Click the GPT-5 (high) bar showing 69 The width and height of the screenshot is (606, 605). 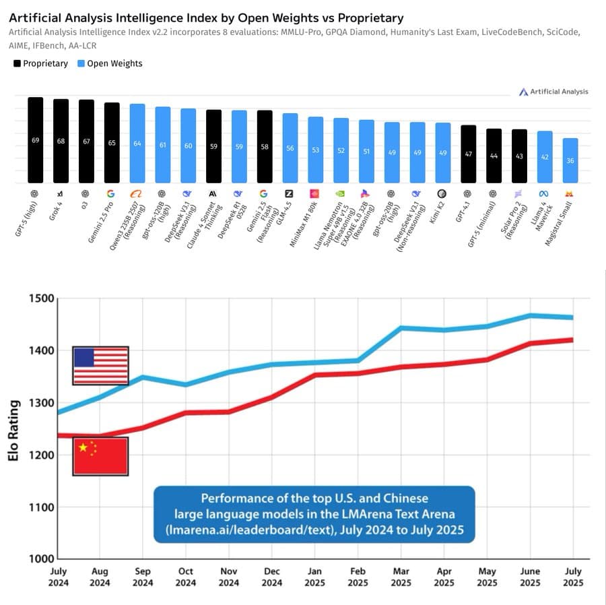click(35, 140)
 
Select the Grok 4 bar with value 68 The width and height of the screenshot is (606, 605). click(61, 141)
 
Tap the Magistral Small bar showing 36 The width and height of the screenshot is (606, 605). click(570, 160)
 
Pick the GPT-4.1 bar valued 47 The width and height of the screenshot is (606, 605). click(469, 154)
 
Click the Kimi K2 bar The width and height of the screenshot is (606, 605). click(442, 152)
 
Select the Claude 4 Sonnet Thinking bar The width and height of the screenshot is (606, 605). click(213, 146)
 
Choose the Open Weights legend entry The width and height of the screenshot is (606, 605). click(109, 63)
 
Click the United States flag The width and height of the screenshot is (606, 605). click(100, 366)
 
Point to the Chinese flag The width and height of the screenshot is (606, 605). click(100, 456)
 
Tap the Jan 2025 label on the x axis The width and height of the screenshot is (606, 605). click(315, 577)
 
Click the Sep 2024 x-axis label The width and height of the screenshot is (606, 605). click(143, 577)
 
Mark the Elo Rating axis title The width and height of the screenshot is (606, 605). click(13, 428)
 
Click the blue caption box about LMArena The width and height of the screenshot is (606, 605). click(314, 514)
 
